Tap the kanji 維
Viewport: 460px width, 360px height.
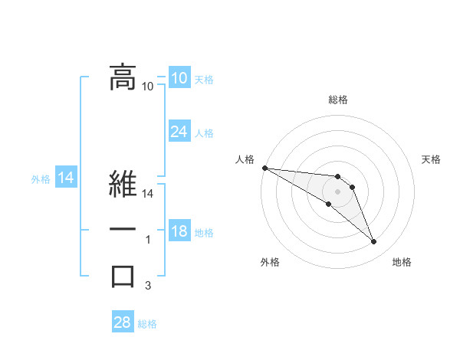point(123,185)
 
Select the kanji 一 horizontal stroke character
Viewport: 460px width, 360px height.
point(123,231)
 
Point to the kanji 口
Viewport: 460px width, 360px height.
point(123,276)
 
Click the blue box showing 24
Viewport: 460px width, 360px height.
point(179,132)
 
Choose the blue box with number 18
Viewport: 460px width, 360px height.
point(179,231)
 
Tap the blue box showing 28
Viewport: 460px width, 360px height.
point(122,322)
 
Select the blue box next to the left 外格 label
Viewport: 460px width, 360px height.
point(66,178)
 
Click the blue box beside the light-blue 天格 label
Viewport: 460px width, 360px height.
point(179,78)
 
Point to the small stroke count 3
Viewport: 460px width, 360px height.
point(148,286)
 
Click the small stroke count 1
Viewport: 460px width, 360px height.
point(148,241)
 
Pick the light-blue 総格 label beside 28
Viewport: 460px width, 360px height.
point(147,324)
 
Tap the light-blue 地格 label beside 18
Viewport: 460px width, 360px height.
point(204,233)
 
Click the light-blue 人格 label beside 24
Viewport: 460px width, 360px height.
point(204,133)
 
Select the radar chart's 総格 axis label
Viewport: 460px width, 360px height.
point(338,100)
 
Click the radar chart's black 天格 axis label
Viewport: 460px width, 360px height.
point(431,159)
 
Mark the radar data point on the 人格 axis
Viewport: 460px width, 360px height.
point(264,168)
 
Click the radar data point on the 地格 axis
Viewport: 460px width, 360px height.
point(374,242)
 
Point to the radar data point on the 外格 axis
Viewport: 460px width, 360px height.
point(329,204)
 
